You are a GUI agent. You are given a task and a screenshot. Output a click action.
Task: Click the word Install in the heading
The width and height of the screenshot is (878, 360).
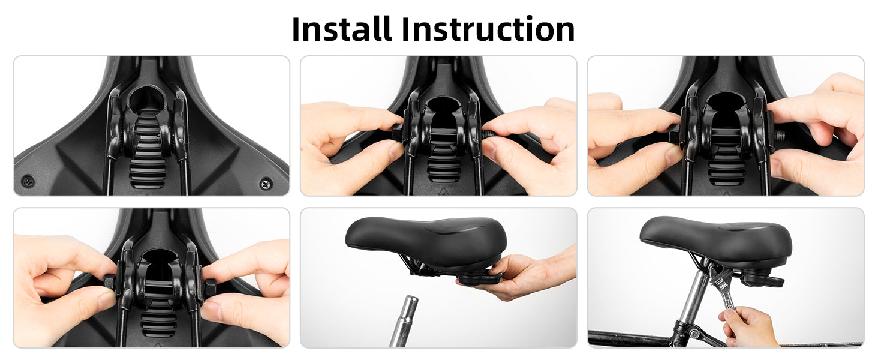[x=342, y=29]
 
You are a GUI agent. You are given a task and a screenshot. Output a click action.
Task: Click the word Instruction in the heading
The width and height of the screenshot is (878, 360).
[x=488, y=29]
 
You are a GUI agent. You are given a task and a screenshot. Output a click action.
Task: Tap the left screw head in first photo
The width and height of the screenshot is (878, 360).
[x=28, y=181]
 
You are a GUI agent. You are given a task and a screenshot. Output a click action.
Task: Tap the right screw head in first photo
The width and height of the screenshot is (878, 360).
[x=266, y=183]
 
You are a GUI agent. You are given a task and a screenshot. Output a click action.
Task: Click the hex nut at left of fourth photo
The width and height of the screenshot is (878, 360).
[x=109, y=284]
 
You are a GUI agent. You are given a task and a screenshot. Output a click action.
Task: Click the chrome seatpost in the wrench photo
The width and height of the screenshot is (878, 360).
[x=693, y=298]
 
